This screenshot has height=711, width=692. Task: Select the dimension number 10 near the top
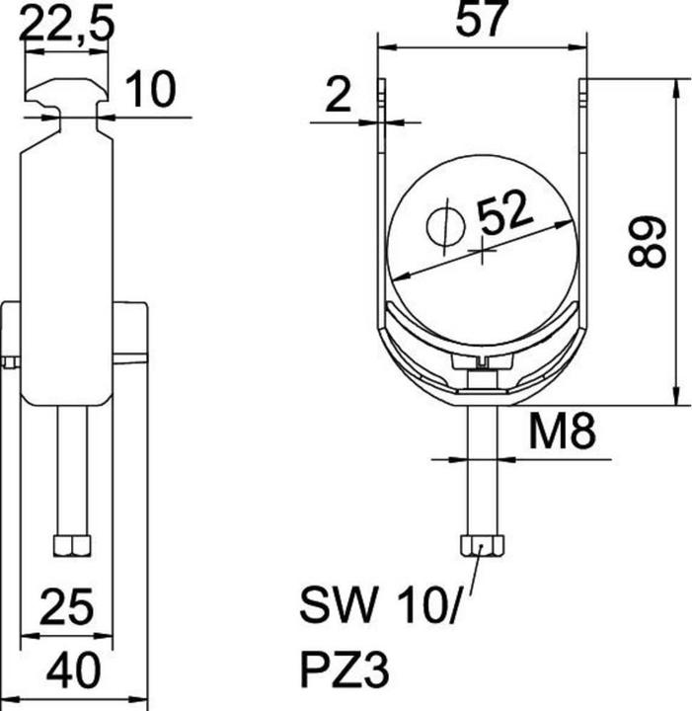coord(150,90)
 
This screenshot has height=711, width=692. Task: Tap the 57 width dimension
coord(482,21)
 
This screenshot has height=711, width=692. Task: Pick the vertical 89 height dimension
coord(649,242)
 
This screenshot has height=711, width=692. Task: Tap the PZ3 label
coord(345,671)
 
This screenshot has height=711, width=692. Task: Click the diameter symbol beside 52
coord(445,226)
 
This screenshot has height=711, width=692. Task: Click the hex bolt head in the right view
coord(481,546)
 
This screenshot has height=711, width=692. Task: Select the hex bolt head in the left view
coord(72,545)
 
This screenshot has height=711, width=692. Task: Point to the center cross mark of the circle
coord(482,253)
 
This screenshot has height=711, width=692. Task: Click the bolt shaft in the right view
coord(481,469)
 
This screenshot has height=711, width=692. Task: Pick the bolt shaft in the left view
coord(72,469)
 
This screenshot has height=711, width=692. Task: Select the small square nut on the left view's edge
coord(9,362)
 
